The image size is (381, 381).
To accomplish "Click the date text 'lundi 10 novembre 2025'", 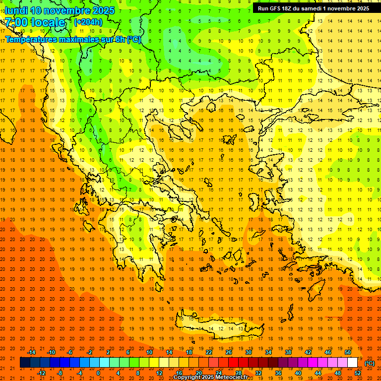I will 60,10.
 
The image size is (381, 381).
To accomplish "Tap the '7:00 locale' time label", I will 35,22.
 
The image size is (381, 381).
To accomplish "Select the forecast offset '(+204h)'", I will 88,22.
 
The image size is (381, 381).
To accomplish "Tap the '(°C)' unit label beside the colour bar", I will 369,363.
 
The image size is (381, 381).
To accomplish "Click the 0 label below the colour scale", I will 98,373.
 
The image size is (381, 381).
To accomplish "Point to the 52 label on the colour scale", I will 358,373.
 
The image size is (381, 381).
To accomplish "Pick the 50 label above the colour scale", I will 348,352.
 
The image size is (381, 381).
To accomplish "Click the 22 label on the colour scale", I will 209,352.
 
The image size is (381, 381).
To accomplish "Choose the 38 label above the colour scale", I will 288,352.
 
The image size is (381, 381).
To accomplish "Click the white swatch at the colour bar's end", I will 352,363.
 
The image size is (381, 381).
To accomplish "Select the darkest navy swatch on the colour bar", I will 25,363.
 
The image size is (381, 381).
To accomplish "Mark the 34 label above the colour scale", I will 268,352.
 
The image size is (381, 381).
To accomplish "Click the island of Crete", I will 223,328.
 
